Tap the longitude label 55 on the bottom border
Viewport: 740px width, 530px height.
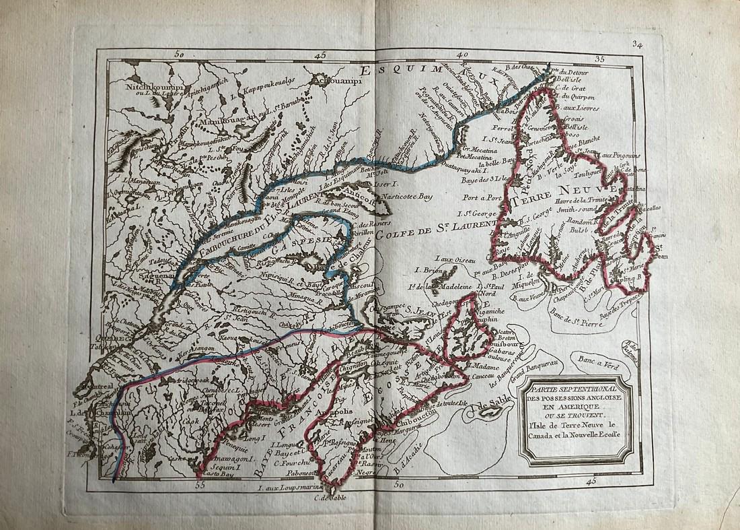click(x=199, y=484)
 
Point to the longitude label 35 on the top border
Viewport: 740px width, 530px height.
click(x=599, y=59)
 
